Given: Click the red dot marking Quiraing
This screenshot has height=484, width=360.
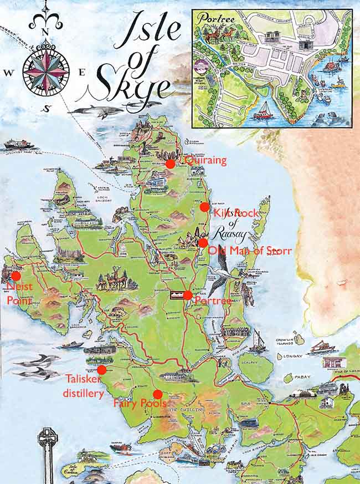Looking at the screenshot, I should [x=170, y=163].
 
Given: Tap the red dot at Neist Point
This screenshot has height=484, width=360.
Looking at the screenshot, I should [x=16, y=276].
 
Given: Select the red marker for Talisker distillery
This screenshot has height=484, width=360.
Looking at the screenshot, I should [x=101, y=370].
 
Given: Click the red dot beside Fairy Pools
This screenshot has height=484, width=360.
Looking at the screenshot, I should [x=157, y=394].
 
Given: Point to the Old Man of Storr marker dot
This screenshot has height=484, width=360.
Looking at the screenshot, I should [x=203, y=242].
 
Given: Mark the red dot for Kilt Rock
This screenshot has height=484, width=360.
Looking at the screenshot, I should [x=204, y=207].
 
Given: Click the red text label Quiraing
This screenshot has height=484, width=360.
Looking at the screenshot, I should [x=206, y=161].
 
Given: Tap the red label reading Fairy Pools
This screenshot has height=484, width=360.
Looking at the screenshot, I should [x=140, y=404].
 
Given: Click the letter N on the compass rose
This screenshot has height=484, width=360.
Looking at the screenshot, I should [x=46, y=31].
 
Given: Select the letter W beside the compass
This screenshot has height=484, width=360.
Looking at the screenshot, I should [x=8, y=72].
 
